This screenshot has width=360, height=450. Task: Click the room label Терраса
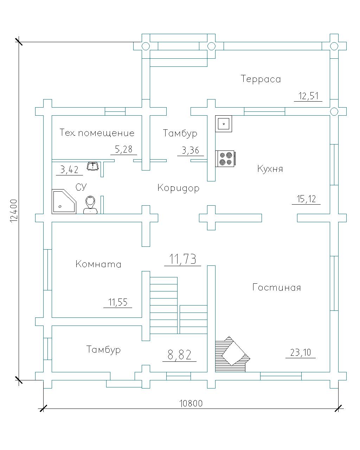(x=261, y=79)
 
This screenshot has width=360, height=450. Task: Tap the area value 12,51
(x=308, y=96)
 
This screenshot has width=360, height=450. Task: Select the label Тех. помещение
(x=97, y=133)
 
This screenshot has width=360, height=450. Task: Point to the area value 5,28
(x=123, y=149)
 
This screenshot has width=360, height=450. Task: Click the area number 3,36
(x=190, y=150)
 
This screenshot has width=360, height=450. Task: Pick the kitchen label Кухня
(x=270, y=169)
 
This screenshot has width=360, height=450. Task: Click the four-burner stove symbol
(x=225, y=159)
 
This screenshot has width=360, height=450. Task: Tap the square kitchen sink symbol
(x=224, y=124)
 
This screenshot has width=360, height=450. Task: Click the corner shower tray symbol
(x=63, y=201)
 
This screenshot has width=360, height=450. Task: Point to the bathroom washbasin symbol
(x=92, y=166)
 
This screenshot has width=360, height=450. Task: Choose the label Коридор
(x=178, y=188)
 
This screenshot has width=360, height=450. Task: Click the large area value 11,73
(x=183, y=259)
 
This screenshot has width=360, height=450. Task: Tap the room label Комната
(x=98, y=264)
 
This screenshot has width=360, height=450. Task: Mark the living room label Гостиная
(x=277, y=288)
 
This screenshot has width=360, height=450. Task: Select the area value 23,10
(x=300, y=352)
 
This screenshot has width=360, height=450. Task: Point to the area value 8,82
(x=179, y=355)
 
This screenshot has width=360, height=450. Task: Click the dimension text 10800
(x=191, y=403)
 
